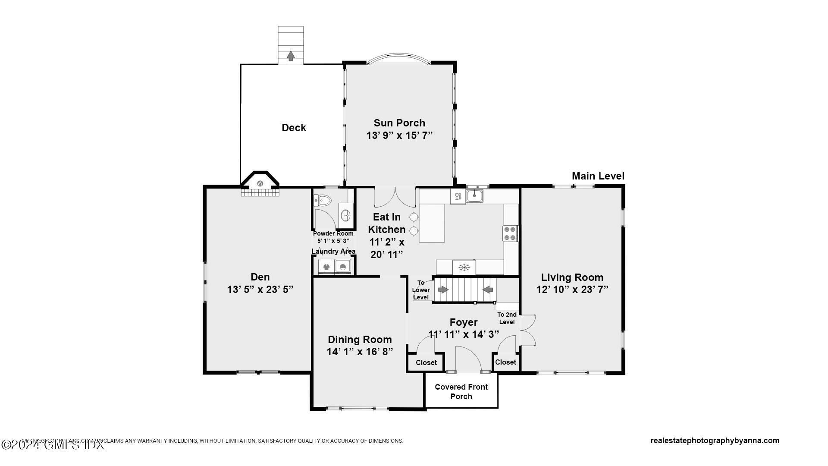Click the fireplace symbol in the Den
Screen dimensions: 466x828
point(260,183)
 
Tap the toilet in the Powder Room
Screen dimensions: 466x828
point(322,200)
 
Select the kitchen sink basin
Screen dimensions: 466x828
point(474,196)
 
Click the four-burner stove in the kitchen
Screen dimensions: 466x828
point(510,233)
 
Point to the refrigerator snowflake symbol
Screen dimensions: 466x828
point(464,267)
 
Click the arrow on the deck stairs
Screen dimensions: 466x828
point(291,56)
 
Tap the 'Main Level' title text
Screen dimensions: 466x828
point(598,176)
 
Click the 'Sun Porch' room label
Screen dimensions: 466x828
point(399,123)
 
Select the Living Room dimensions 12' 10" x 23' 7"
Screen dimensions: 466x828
point(572,290)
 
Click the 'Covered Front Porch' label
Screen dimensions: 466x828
point(461,391)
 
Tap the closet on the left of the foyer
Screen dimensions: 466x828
point(426,363)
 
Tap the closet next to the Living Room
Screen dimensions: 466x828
point(505,362)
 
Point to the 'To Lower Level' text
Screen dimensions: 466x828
point(420,290)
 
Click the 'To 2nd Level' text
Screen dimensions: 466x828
point(507,318)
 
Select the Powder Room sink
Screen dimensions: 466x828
point(346,214)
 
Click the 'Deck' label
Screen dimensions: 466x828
point(294,128)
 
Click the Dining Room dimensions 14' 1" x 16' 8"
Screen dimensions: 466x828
point(360,352)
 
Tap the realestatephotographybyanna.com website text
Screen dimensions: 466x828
point(715,441)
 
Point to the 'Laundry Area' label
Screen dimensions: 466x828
point(333,251)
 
